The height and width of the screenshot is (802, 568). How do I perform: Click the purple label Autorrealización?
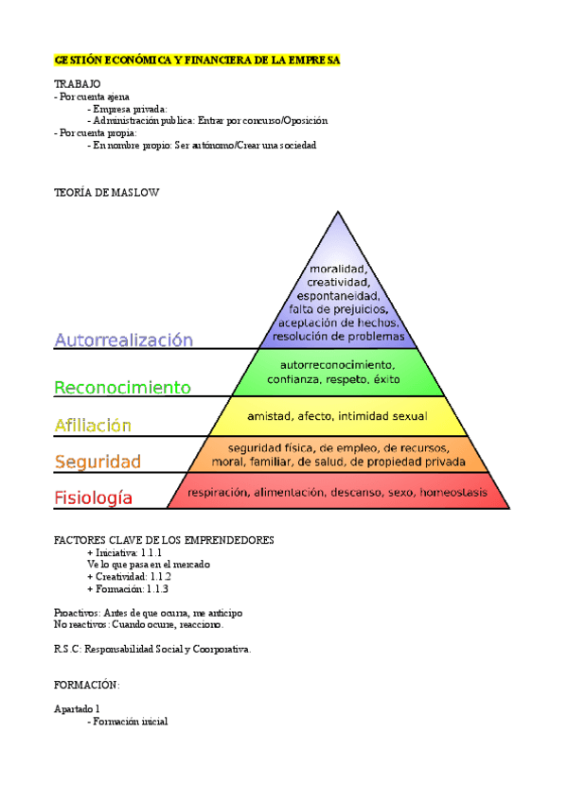(124, 340)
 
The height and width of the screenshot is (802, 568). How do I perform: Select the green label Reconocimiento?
(123, 387)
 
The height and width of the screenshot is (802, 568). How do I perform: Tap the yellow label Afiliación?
(93, 426)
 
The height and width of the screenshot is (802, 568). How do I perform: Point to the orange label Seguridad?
(98, 462)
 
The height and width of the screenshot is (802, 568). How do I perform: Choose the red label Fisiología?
(94, 497)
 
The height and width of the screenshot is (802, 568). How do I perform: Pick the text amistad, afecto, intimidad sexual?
(337, 416)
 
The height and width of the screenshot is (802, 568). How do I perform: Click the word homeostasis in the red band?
(454, 492)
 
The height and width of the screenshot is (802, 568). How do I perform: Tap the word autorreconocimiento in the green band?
(337, 364)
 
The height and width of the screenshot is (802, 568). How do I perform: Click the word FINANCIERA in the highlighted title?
(203, 61)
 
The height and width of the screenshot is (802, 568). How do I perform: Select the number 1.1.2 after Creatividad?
(154, 576)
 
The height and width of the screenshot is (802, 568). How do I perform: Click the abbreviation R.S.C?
(67, 649)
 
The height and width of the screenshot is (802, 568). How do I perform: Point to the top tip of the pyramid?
(337, 212)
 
